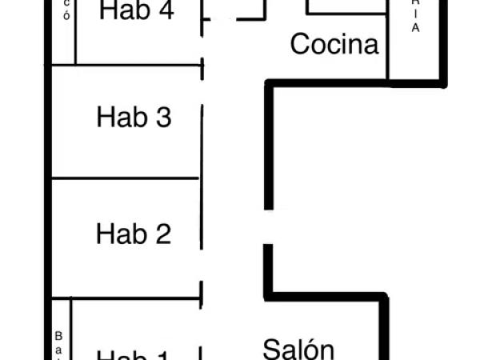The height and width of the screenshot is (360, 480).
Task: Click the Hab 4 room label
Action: [x=137, y=11]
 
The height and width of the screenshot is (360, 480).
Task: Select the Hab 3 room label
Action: [x=134, y=118]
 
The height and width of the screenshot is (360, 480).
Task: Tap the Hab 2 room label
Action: [x=134, y=234]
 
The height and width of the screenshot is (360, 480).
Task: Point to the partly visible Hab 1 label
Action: [x=134, y=354]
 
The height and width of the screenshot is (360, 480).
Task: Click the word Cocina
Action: [x=334, y=44]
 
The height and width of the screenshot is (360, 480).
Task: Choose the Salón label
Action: [x=298, y=349]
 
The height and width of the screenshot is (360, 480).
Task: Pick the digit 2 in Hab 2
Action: [x=162, y=234]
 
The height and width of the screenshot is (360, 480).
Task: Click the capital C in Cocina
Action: [x=299, y=44]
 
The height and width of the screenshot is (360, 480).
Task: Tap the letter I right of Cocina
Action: [x=415, y=13]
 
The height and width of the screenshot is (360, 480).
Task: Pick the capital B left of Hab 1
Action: [x=58, y=336]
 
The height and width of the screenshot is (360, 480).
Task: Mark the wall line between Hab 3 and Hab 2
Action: [x=126, y=178]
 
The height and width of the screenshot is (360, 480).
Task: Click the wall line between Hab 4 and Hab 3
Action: [x=126, y=65]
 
